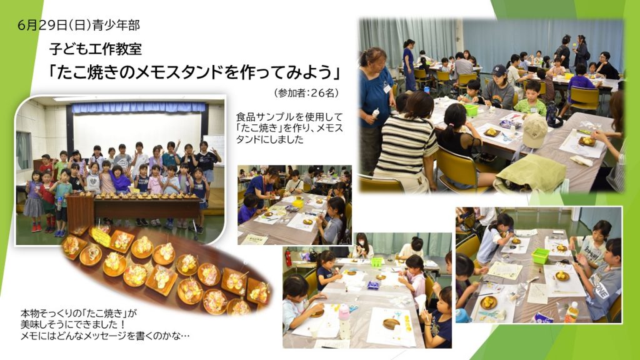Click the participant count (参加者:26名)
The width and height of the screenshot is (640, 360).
pyautogui.click(x=306, y=93)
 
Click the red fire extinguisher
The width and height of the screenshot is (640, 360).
pyautogui.click(x=288, y=258)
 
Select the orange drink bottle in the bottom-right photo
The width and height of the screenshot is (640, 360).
pyautogui.click(x=571, y=312)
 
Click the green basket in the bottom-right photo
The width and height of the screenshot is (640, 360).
pyautogui.click(x=540, y=256)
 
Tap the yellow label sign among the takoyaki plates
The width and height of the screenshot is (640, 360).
pyautogui.click(x=100, y=237)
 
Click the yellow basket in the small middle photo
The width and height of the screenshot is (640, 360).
pyautogui.click(x=298, y=202)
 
